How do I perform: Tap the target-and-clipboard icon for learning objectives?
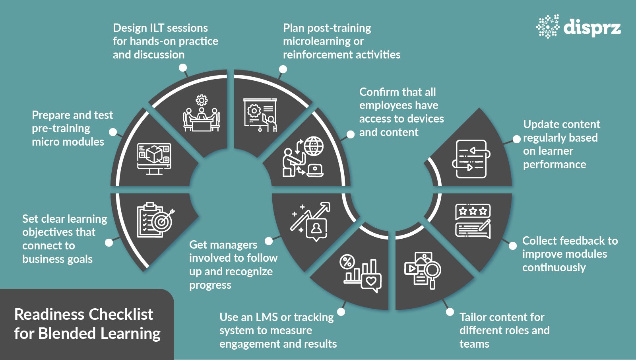[155, 220]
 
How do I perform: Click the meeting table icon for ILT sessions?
[202, 115]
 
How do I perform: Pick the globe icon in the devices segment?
[314, 146]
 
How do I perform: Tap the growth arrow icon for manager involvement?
[311, 221]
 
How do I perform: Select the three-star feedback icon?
[473, 222]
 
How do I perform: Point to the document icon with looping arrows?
[471, 159]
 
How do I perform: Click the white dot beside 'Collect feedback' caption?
[513, 246]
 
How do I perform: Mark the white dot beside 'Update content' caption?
[516, 139]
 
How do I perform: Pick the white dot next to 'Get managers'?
[269, 241]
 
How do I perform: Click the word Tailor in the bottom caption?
[474, 317]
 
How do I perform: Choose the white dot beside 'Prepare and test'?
[113, 132]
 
